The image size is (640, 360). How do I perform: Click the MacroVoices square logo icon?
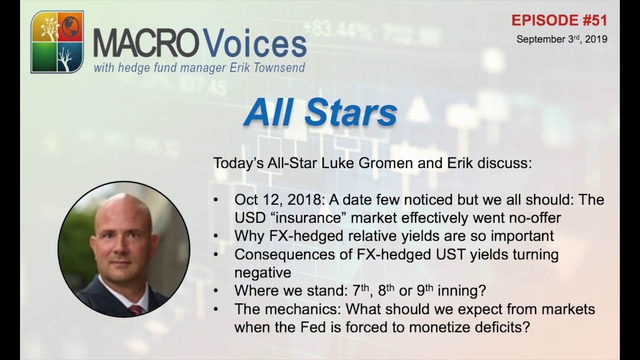[57, 42]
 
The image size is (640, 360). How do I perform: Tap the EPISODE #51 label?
[559, 20]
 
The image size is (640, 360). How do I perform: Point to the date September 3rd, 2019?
[561, 39]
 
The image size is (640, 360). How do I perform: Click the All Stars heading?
[320, 112]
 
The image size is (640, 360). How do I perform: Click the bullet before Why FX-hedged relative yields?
[216, 236]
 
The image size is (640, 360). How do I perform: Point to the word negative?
[262, 272]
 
